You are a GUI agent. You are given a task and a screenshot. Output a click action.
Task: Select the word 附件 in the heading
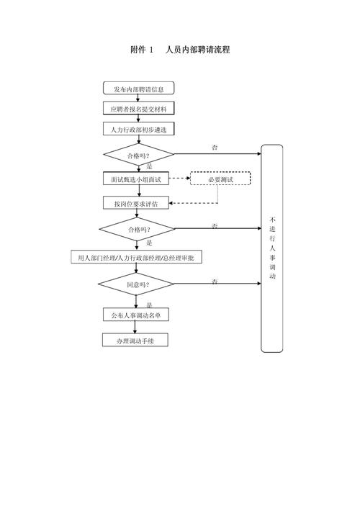click(x=138, y=50)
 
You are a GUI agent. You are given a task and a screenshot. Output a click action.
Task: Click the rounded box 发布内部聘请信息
click(x=138, y=89)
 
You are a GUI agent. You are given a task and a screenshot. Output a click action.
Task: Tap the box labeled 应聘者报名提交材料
click(x=138, y=109)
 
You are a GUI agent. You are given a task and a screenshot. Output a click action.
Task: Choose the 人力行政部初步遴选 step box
click(x=138, y=130)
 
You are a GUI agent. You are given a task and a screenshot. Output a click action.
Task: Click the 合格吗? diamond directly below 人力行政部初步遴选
click(x=138, y=155)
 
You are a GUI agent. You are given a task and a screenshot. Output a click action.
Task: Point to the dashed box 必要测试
click(x=220, y=179)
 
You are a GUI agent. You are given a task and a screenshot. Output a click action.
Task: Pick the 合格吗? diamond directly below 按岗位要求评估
click(x=137, y=229)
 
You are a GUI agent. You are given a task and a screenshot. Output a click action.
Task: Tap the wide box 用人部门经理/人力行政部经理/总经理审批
click(x=136, y=257)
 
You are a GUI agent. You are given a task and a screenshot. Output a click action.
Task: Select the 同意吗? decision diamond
click(x=137, y=284)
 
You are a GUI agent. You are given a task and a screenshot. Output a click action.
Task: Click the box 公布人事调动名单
click(x=136, y=315)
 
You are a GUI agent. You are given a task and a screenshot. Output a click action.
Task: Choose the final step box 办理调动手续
click(x=136, y=339)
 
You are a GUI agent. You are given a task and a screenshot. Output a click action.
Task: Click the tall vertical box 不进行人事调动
click(x=271, y=248)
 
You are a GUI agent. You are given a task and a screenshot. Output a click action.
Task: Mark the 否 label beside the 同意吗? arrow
click(x=215, y=280)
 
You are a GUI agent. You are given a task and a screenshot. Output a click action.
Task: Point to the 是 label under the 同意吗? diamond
click(x=149, y=305)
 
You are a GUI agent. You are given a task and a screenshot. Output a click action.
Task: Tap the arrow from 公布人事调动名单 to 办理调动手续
click(x=136, y=327)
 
